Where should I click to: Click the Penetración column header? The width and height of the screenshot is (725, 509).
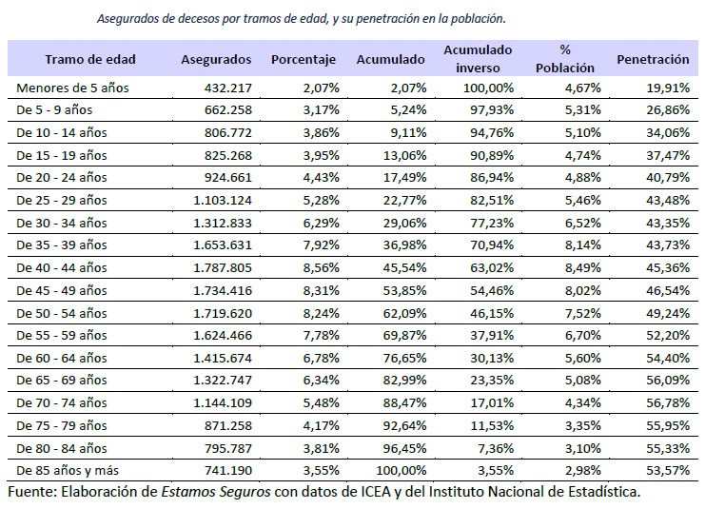(653, 59)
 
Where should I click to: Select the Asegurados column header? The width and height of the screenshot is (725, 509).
(216, 59)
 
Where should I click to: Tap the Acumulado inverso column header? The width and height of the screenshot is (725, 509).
(477, 59)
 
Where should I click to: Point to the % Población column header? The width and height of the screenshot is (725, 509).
(564, 59)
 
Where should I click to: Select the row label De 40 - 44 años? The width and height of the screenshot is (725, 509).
(62, 267)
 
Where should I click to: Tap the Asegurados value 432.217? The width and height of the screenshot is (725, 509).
(227, 88)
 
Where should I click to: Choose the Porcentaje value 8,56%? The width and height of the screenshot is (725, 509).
(317, 267)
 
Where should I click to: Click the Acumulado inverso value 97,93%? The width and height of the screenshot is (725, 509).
(490, 109)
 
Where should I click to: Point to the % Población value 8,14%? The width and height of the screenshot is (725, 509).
(577, 245)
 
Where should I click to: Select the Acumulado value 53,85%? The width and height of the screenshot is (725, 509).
(403, 290)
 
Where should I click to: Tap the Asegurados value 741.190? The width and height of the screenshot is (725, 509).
(227, 470)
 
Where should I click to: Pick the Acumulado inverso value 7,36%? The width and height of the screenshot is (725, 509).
(494, 447)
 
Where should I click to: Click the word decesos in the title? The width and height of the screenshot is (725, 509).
(215, 18)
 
